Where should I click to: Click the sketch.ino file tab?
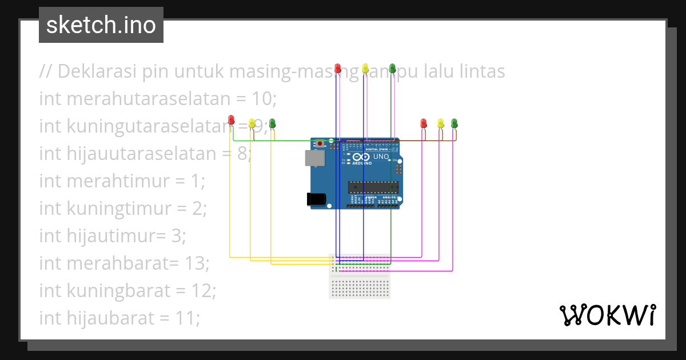[x=101, y=25]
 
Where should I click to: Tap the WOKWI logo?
[x=607, y=315]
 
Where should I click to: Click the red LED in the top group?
[x=338, y=69]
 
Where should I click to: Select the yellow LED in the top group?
[x=366, y=69]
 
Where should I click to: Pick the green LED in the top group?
[x=392, y=69]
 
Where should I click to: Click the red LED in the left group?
[x=231, y=120]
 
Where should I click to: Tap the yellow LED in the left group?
[x=252, y=123]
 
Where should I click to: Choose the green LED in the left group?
[x=273, y=123]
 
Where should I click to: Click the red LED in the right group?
[x=424, y=123]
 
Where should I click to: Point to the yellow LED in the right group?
[x=440, y=123]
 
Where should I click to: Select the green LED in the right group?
[x=454, y=123]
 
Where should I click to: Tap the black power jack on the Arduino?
[x=316, y=199]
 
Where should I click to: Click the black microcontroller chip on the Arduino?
[x=373, y=186]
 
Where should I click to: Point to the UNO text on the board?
[x=381, y=157]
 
